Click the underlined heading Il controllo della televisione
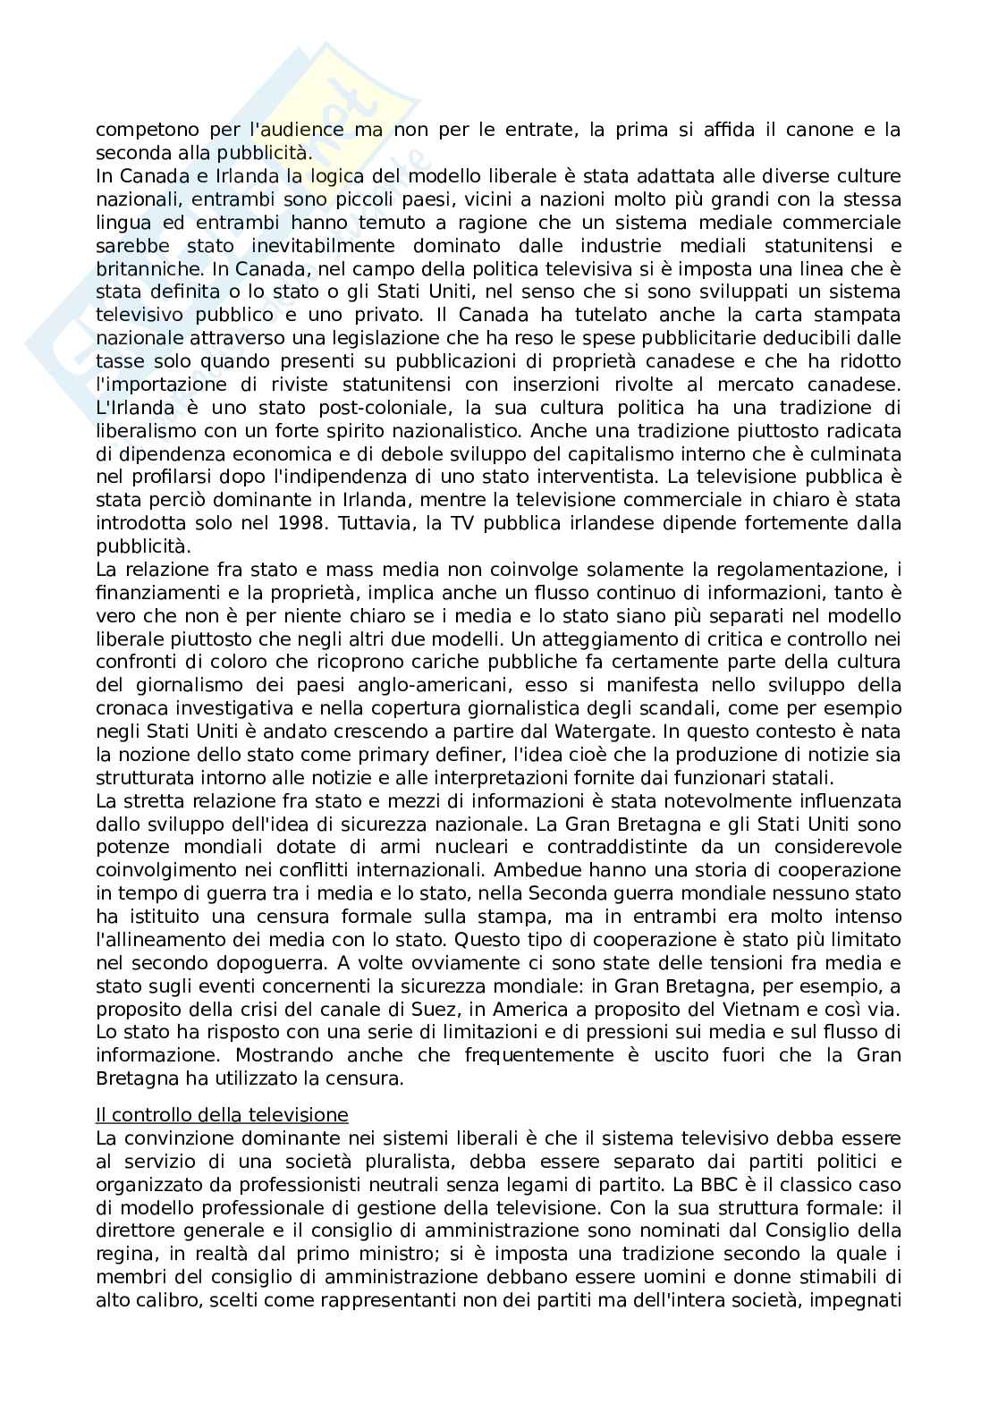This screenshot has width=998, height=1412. tap(221, 1115)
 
